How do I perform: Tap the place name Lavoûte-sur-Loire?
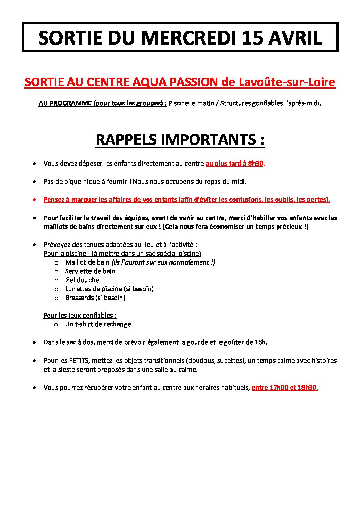(x=287, y=82)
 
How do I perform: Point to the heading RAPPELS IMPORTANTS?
(x=180, y=140)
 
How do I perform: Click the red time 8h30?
(x=256, y=163)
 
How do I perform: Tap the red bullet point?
(x=34, y=200)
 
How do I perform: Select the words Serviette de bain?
(x=90, y=271)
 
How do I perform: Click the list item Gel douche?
(x=82, y=280)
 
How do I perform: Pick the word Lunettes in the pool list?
(x=77, y=289)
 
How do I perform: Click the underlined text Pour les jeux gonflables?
(x=80, y=315)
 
